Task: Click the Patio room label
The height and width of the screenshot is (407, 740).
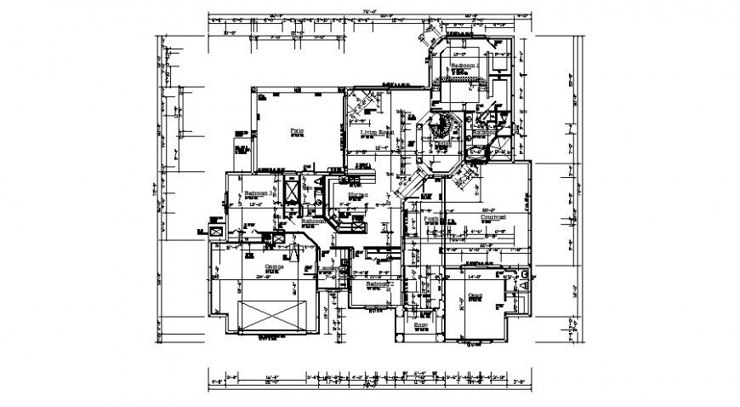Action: (x=296, y=131)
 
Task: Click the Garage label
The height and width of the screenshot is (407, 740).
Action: (x=274, y=267)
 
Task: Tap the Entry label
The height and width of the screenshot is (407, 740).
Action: (x=421, y=324)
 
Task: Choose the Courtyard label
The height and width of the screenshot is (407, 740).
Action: (x=494, y=218)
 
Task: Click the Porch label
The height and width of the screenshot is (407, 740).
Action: (x=431, y=219)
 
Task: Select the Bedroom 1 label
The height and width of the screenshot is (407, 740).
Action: (x=465, y=66)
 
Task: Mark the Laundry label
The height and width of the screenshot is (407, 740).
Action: (x=328, y=271)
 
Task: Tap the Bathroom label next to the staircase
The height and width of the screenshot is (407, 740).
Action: (x=485, y=133)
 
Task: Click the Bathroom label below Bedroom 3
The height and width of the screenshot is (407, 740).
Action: (x=312, y=221)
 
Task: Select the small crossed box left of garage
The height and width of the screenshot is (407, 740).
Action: (x=215, y=231)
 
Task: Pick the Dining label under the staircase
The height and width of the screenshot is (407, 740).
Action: (x=443, y=145)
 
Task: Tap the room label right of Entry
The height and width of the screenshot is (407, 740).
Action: (x=475, y=296)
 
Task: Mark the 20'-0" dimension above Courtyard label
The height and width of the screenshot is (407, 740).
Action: (x=488, y=210)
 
